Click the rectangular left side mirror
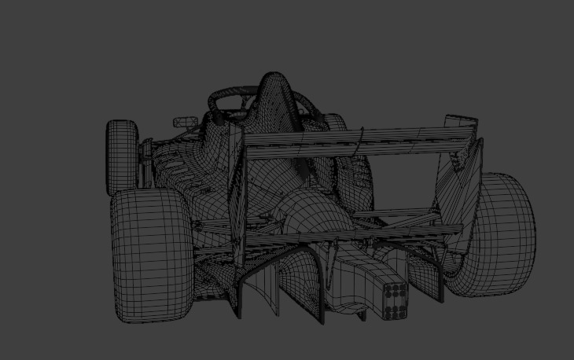pyautogui.click(x=186, y=121)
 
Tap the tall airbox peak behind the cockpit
pyautogui.click(x=273, y=86)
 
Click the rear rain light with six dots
pyautogui.click(x=395, y=300)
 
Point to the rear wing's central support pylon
pyautogui.click(x=359, y=145)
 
